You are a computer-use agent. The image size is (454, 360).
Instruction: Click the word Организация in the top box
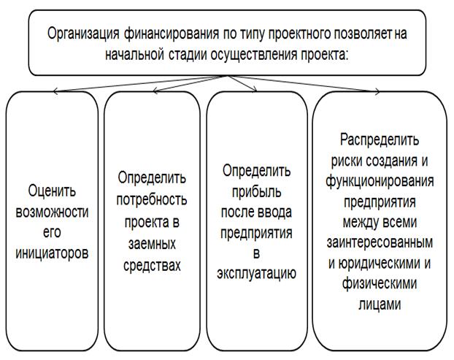(83, 34)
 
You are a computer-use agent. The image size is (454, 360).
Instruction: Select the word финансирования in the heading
(172, 34)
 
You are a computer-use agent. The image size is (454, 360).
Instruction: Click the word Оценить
(52, 191)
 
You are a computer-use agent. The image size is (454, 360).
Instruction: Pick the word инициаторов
(52, 253)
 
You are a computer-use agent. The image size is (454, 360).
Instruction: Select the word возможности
(52, 212)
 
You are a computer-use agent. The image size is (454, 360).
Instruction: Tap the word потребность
(152, 199)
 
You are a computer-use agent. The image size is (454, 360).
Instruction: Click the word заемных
(152, 243)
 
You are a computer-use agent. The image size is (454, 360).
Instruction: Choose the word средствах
(152, 265)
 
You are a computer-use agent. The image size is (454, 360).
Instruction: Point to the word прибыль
(256, 192)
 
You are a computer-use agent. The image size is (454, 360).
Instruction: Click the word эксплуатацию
(256, 273)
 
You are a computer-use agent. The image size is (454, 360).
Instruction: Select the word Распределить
(380, 140)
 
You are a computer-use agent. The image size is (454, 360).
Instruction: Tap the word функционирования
(380, 181)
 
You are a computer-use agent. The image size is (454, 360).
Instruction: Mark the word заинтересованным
(380, 242)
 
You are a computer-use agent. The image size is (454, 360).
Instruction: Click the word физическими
(380, 283)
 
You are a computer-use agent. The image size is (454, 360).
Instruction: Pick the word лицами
(380, 304)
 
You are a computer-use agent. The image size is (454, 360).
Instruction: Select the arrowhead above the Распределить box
(377, 91)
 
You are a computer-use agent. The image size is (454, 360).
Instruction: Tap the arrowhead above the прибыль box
(254, 89)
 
